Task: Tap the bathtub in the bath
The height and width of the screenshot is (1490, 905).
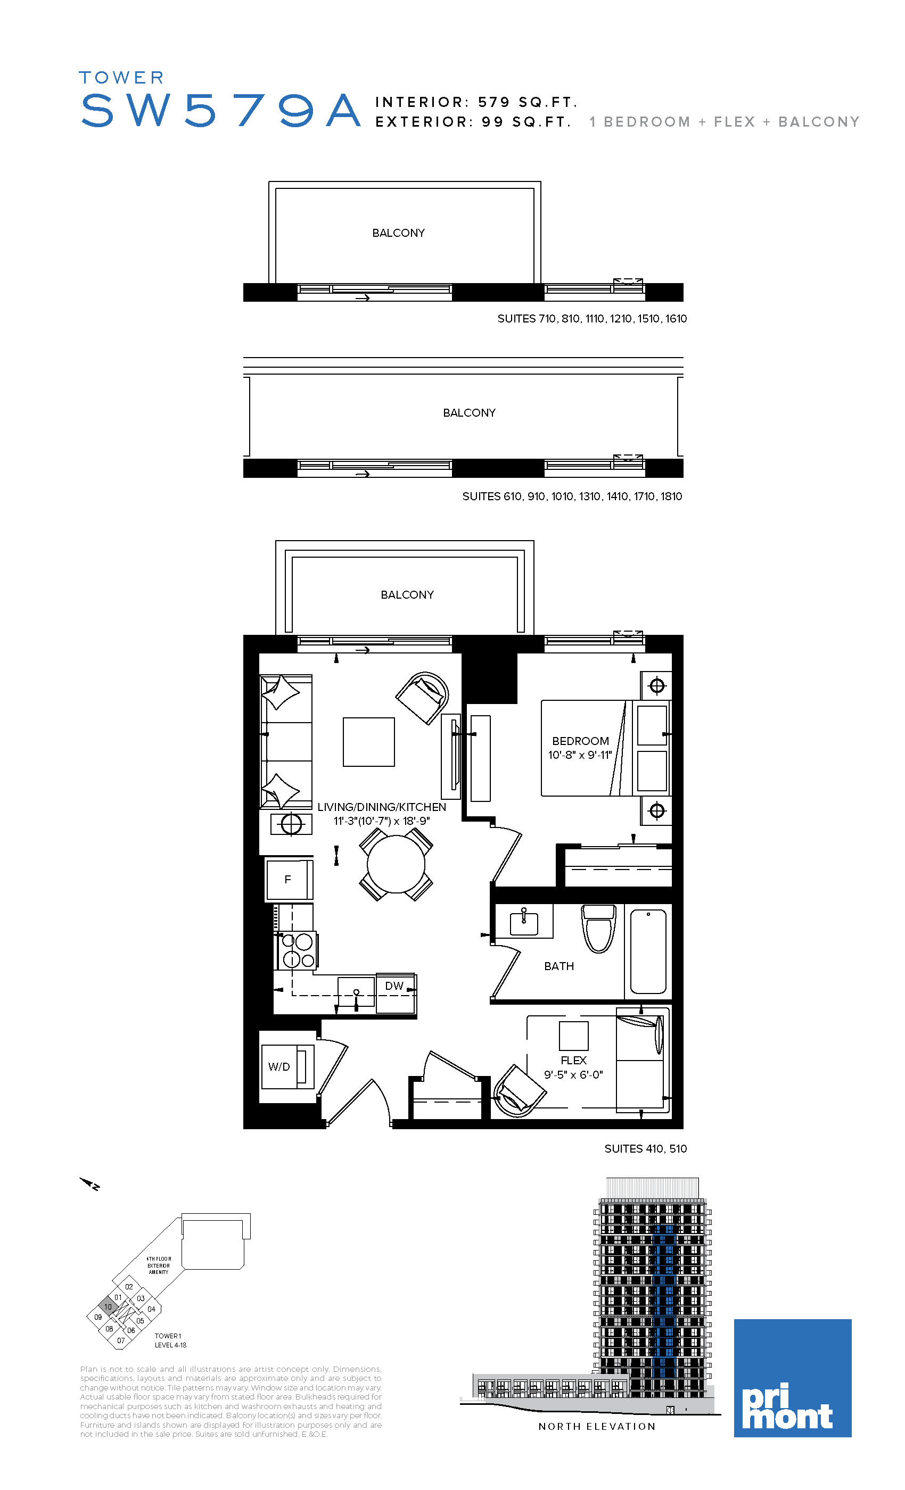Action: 648,951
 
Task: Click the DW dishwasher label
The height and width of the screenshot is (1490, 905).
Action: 394,986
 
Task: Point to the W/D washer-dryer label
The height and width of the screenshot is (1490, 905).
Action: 279,1067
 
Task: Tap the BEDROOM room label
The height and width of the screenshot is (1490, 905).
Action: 580,741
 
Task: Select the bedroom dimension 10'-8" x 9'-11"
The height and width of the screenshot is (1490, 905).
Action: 580,755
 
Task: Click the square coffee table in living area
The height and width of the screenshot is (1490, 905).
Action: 369,742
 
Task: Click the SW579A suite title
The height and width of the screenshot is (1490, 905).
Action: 221,111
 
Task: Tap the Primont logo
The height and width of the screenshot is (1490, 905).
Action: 793,1378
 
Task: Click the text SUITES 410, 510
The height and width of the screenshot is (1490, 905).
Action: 645,1148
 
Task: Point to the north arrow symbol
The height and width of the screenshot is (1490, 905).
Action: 89,1183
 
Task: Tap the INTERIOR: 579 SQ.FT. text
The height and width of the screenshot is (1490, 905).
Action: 476,102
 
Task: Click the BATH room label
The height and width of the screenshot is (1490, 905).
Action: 559,966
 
